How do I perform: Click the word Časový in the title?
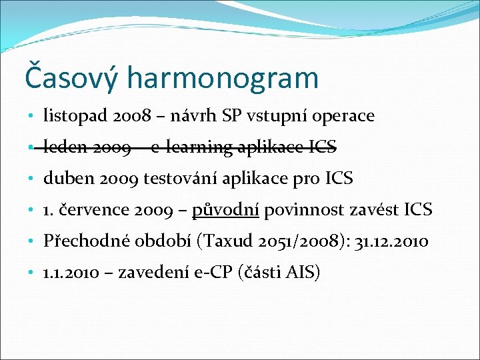click(71, 77)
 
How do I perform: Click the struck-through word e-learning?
click(191, 148)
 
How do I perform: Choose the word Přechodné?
click(84, 241)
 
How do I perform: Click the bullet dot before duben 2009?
click(33, 179)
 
